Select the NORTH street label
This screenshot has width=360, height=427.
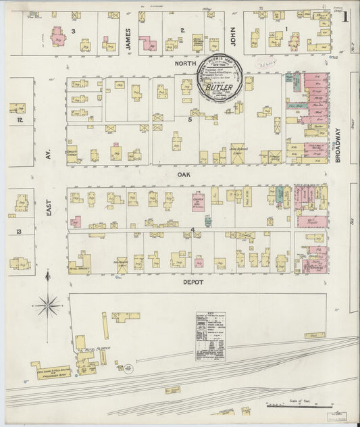pyautogui.click(x=184, y=64)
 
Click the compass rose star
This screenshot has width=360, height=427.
pyautogui.click(x=48, y=305)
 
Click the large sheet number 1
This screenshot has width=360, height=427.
pyautogui.click(x=345, y=16)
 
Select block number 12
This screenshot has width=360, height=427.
pyautogui.click(x=20, y=120)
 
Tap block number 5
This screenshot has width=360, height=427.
pyautogui.click(x=190, y=120)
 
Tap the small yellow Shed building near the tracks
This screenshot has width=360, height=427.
pyautogui.click(x=313, y=335)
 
